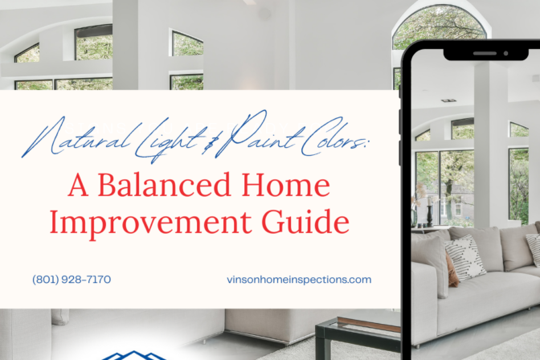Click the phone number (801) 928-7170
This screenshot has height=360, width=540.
[x=72, y=280]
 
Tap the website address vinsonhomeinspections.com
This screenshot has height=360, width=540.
[x=300, y=280]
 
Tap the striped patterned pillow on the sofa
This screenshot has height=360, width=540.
[x=465, y=256]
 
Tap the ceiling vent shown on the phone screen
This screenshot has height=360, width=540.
[x=448, y=100]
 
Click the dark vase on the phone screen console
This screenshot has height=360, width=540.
[x=429, y=215]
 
